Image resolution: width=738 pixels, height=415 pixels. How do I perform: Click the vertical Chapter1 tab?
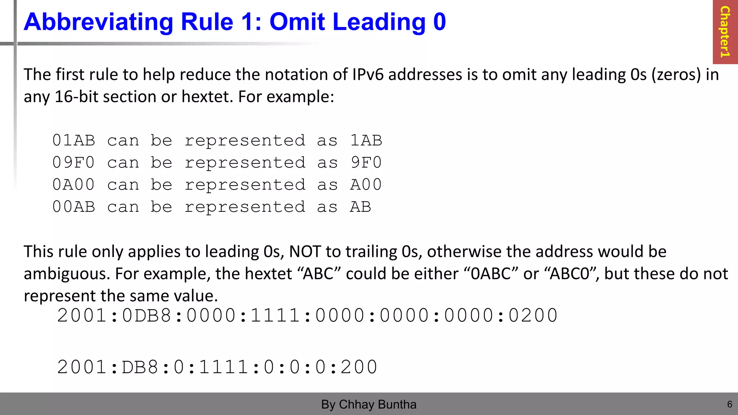(725, 32)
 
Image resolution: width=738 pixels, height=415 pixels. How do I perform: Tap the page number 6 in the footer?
(729, 404)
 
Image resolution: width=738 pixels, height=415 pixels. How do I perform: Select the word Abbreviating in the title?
(98, 22)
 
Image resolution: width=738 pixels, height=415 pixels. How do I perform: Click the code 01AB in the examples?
(74, 140)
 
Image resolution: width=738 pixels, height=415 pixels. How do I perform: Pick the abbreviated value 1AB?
(366, 140)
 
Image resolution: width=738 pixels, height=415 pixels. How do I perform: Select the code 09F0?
(74, 163)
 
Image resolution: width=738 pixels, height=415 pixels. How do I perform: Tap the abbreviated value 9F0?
(366, 163)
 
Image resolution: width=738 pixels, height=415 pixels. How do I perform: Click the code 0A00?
(74, 185)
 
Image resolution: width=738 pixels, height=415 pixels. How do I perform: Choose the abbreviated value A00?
(366, 185)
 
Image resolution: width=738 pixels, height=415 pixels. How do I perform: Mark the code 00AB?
(74, 207)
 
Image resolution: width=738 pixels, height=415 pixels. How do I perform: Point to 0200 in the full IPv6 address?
(533, 316)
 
